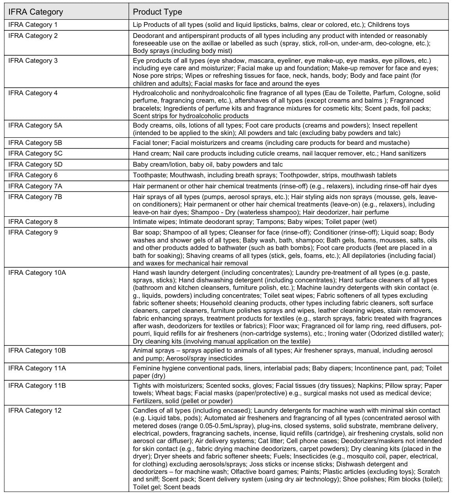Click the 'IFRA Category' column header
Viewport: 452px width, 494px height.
[x=35, y=12]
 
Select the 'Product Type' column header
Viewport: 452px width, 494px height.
[x=157, y=12]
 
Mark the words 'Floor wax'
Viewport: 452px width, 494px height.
[x=284, y=326]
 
